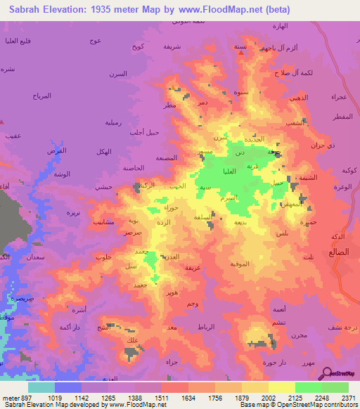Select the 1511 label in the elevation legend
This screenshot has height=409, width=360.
[x=161, y=397]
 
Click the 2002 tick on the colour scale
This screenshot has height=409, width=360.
[x=269, y=397]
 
